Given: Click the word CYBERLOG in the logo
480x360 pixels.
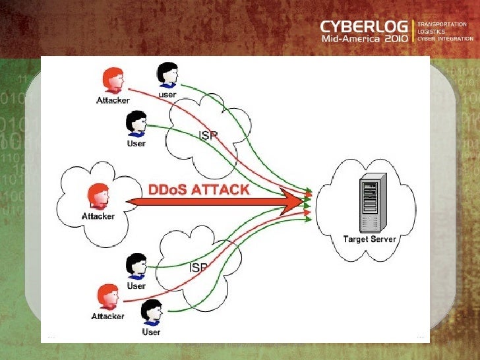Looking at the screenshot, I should click(x=364, y=27).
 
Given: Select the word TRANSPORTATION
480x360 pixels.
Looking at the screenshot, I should click(x=442, y=24).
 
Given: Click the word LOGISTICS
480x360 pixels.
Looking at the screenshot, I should click(x=431, y=31).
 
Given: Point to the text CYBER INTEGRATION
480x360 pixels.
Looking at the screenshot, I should click(x=444, y=38).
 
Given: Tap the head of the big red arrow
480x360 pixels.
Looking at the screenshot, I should click(x=293, y=200).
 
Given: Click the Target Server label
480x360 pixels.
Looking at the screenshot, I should click(x=370, y=239).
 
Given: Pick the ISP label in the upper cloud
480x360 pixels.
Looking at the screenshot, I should click(x=208, y=135).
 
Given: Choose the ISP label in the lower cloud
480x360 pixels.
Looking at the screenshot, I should click(x=198, y=268).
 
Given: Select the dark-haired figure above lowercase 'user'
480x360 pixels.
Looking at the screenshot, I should click(x=167, y=75).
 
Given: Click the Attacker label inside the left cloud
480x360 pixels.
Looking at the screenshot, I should click(x=98, y=216).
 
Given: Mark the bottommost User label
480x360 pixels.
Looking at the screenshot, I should click(x=152, y=332).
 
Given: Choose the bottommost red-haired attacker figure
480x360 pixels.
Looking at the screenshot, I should click(x=109, y=296).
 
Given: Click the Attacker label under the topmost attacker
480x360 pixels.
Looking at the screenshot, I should click(x=113, y=100).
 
